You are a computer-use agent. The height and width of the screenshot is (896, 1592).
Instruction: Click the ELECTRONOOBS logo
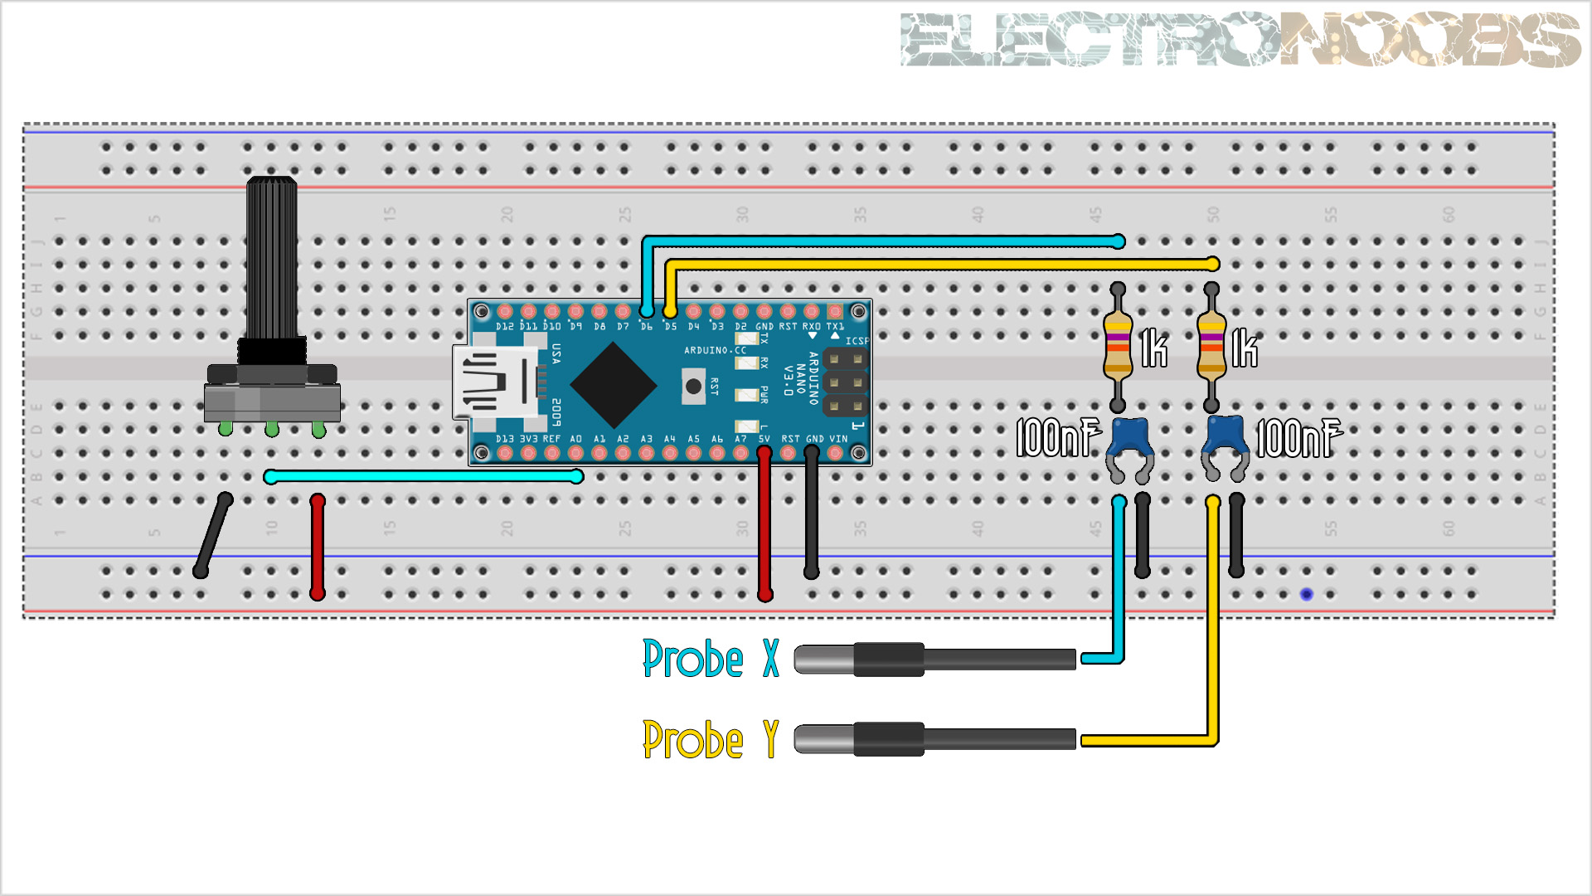[1240, 39]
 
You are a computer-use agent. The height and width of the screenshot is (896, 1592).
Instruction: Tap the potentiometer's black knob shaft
[272, 257]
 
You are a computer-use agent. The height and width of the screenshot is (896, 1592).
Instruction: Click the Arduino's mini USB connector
[489, 382]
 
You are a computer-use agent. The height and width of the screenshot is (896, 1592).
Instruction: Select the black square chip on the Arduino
[614, 386]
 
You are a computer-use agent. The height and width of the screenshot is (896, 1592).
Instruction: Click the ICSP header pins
[846, 382]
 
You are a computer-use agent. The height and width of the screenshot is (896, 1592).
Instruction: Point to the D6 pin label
[646, 327]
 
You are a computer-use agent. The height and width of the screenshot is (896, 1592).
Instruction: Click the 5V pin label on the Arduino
[764, 439]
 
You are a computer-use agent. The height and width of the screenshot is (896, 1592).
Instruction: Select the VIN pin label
[838, 439]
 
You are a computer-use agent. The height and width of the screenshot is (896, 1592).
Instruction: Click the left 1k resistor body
[1118, 347]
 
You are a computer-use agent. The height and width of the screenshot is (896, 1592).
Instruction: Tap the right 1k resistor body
[1211, 347]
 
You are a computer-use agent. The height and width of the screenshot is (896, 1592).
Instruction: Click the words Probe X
[711, 659]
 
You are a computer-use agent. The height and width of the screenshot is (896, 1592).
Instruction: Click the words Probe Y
[711, 740]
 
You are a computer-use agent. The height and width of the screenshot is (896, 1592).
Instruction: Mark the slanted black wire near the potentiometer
[213, 535]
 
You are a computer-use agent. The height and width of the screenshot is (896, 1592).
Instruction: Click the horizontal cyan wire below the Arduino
[423, 476]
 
